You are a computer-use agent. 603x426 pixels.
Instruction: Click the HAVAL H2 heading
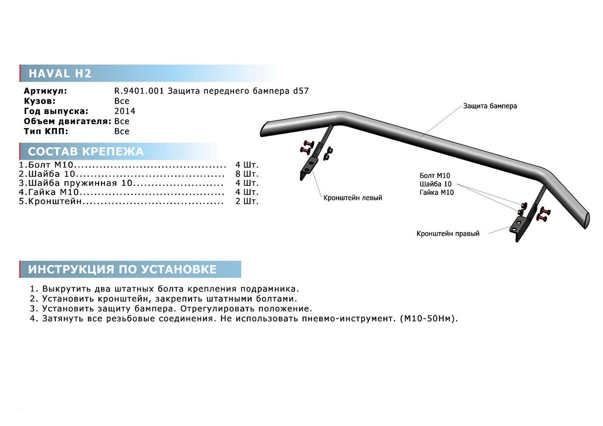pyautogui.click(x=60, y=73)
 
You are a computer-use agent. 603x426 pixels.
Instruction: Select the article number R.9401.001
pyautogui.click(x=139, y=91)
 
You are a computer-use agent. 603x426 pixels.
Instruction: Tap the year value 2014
pyautogui.click(x=125, y=111)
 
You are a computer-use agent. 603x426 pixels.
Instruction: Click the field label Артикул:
pyautogui.click(x=45, y=91)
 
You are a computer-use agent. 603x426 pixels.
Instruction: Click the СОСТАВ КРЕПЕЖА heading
pyautogui.click(x=86, y=152)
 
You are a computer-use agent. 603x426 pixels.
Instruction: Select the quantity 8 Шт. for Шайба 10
pyautogui.click(x=247, y=174)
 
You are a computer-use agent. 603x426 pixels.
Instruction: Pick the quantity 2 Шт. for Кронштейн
pyautogui.click(x=247, y=201)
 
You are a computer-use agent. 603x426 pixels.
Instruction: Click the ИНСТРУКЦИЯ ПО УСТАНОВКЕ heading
pyautogui.click(x=122, y=269)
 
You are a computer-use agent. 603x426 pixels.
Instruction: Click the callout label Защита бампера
pyautogui.click(x=490, y=106)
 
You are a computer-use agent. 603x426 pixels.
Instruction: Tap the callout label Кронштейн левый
pyautogui.click(x=352, y=197)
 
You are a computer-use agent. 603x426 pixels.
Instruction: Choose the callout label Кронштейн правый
pyautogui.click(x=448, y=234)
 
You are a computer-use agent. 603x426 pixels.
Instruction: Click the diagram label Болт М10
pyautogui.click(x=435, y=175)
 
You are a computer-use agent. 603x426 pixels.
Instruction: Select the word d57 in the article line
pyautogui.click(x=300, y=91)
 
